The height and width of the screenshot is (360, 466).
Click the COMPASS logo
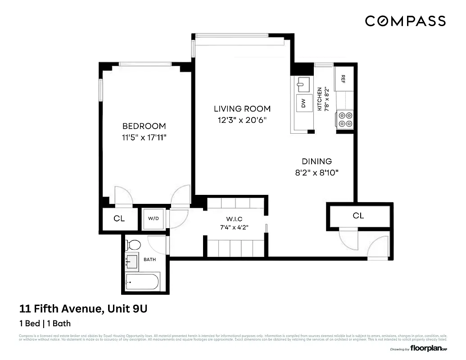point(405,21)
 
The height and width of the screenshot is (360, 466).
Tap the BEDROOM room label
point(144,126)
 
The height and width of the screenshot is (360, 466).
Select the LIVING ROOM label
point(242,108)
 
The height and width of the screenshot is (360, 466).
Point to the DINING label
point(317,161)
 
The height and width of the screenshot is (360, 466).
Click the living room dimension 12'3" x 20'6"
point(242,120)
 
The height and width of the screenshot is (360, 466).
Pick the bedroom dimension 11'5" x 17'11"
point(144,138)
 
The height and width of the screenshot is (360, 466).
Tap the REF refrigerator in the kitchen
point(344,79)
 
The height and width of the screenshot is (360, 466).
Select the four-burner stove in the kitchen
point(346,120)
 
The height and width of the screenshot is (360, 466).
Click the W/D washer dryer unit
point(154,219)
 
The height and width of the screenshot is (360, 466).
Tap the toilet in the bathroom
point(133,245)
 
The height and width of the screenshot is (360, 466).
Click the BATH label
point(150,260)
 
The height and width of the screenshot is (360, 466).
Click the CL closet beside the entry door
point(358,216)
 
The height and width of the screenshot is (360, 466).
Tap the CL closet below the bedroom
point(119,219)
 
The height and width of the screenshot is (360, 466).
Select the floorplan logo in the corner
point(428,348)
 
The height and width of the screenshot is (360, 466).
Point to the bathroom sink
point(132,261)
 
